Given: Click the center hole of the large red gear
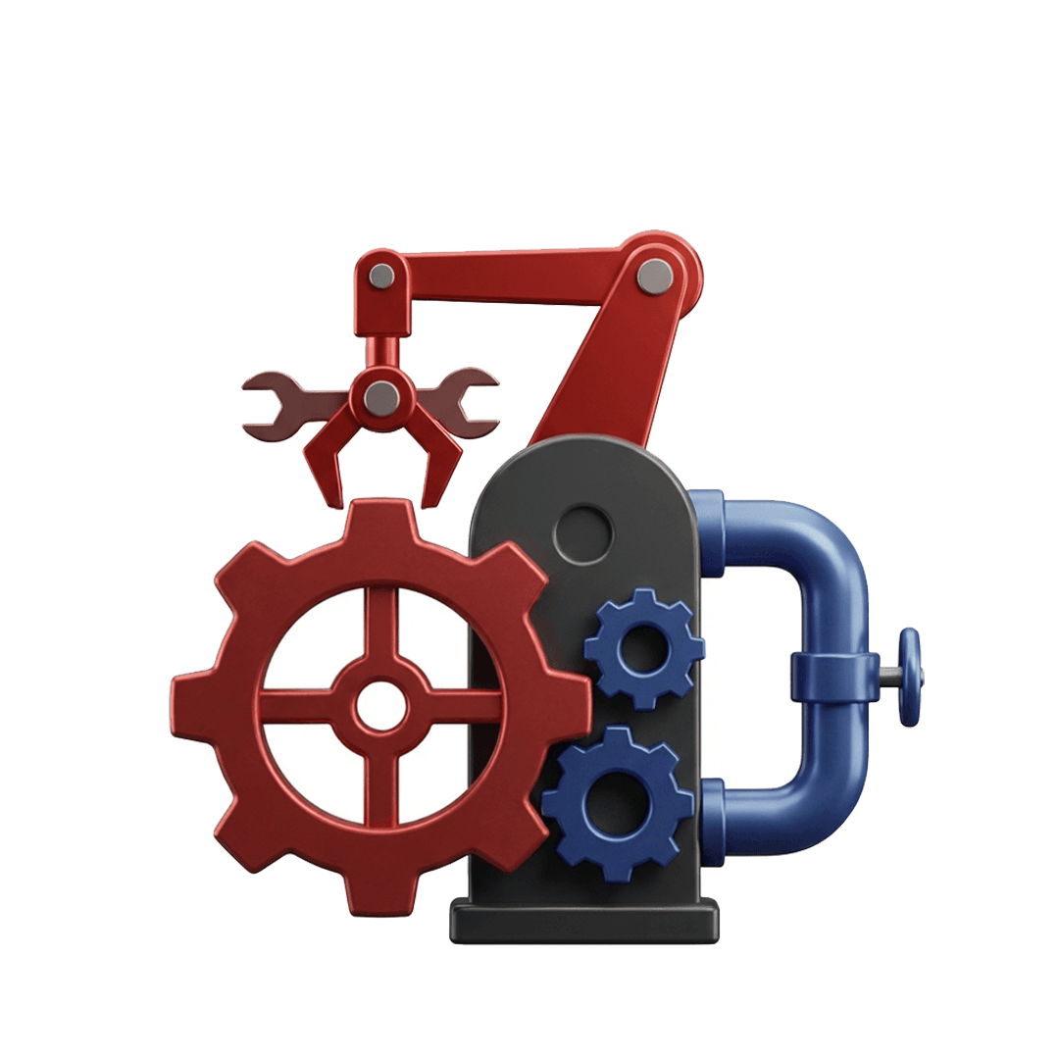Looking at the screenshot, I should click(x=379, y=705).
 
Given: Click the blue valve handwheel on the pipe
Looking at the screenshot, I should click(x=909, y=677).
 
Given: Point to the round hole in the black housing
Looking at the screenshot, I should click(x=582, y=533).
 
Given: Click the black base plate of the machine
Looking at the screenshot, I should click(x=584, y=923).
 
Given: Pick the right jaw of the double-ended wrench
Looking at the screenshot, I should click(x=478, y=402).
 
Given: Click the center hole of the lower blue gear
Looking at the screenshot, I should click(x=617, y=804).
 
